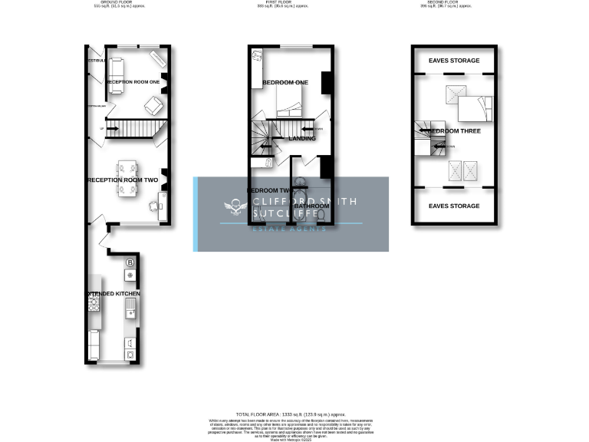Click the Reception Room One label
tap(133, 81)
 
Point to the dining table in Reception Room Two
tap(127, 179)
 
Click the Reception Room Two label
tap(123, 180)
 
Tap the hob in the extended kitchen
tap(94, 304)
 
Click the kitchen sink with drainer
tap(130, 309)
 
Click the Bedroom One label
tap(285, 83)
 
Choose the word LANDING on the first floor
tap(302, 139)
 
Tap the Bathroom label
tap(312, 206)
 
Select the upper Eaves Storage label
tap(454, 61)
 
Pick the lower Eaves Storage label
tap(454, 206)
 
